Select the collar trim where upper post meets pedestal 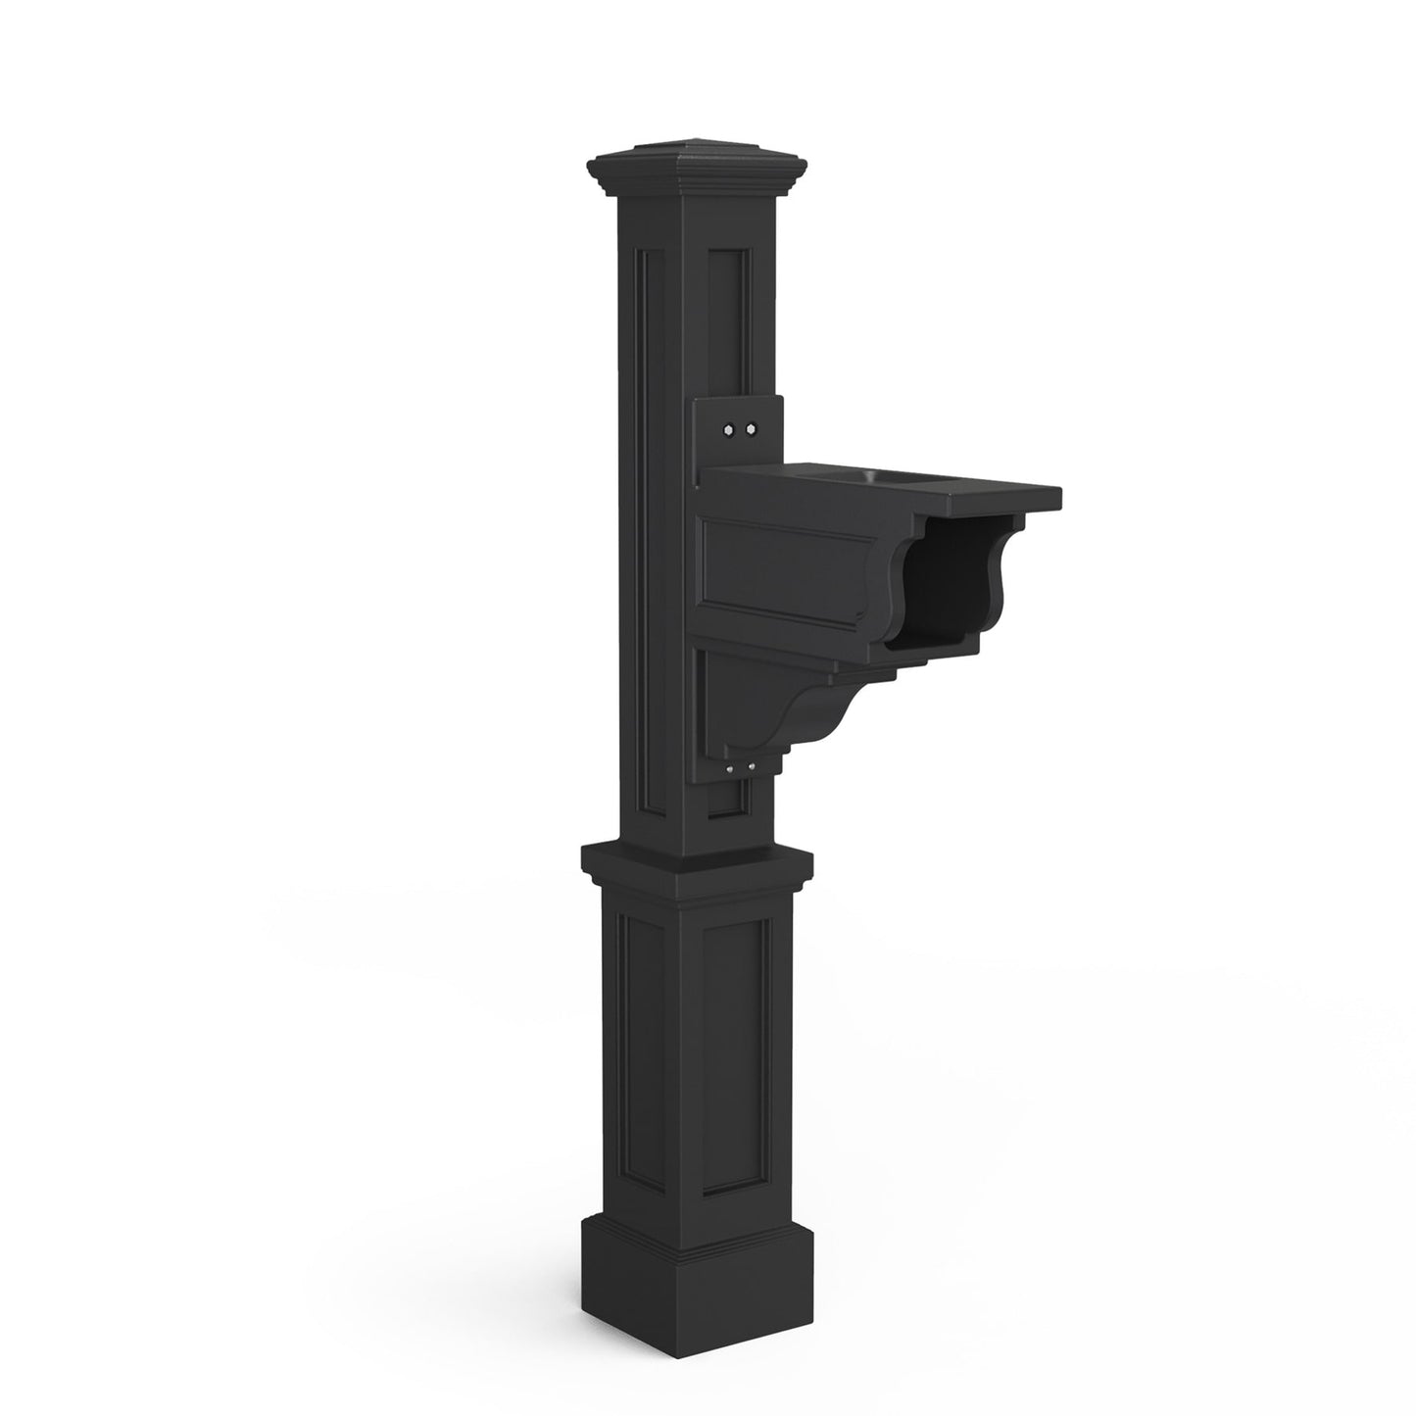click(697, 867)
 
